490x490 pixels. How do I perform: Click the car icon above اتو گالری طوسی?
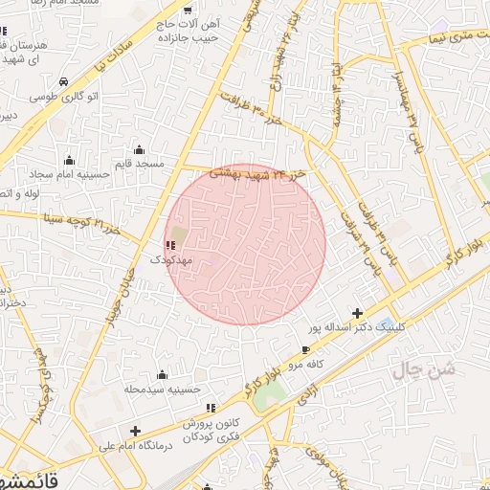click(63, 82)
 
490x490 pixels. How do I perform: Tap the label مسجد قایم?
click(140, 165)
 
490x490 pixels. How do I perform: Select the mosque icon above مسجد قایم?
click(140, 149)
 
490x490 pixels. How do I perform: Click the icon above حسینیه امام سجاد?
click(69, 159)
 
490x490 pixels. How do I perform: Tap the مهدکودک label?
click(172, 259)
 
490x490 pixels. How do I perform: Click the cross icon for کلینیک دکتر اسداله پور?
click(358, 313)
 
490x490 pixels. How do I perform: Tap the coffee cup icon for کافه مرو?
click(305, 350)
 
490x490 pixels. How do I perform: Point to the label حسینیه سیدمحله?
click(162, 390)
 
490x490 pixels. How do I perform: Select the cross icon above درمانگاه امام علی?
click(135, 431)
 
